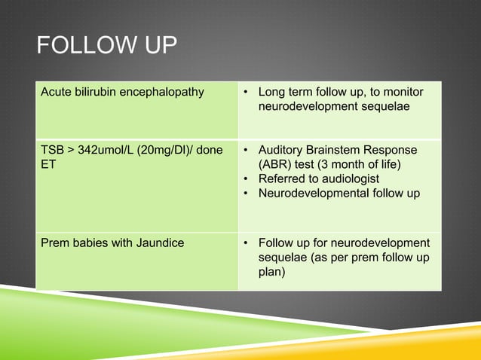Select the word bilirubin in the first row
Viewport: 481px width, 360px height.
(x=99, y=93)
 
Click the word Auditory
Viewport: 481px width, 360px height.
(x=281, y=150)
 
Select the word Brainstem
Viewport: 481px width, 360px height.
(x=335, y=150)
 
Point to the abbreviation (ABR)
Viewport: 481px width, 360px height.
(x=276, y=164)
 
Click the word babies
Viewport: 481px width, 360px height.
(x=88, y=243)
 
